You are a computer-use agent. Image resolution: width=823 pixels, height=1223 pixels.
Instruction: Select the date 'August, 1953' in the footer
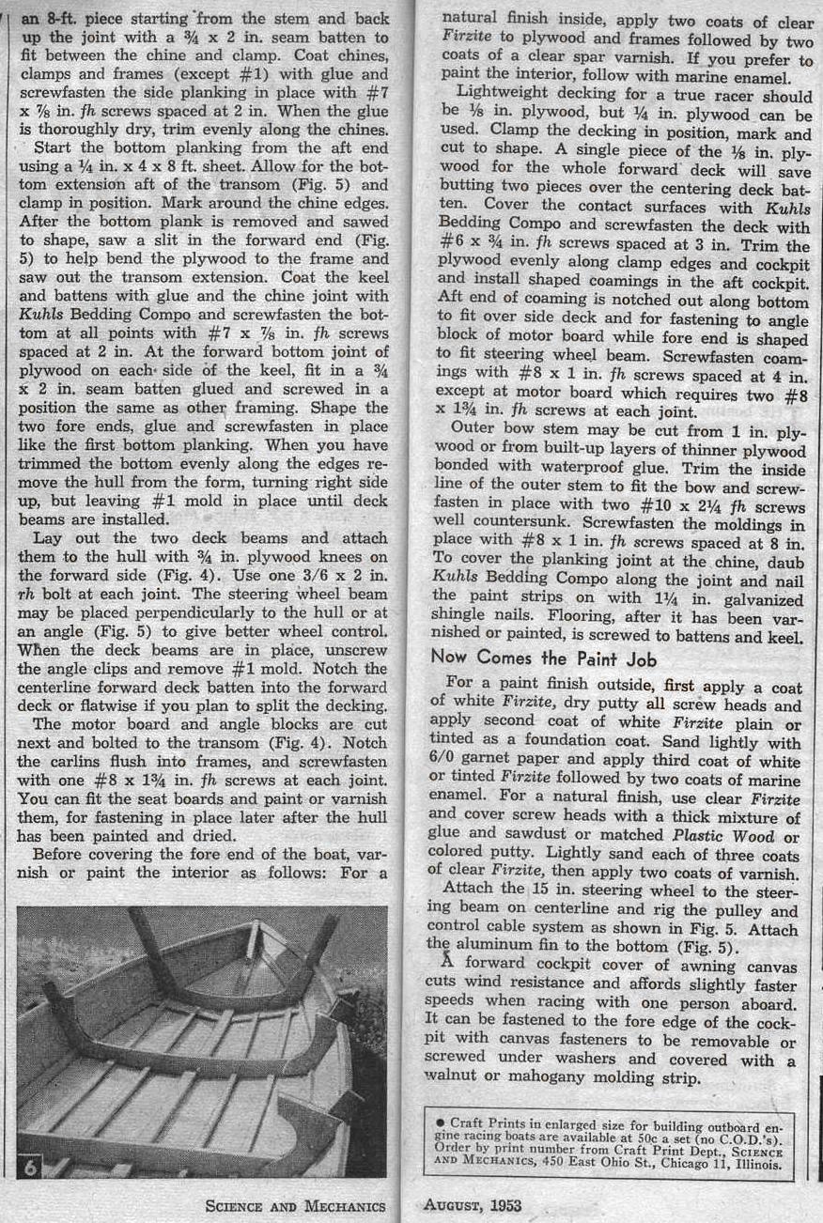click(473, 1205)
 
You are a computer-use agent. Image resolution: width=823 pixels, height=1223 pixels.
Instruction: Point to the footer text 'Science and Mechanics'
click(296, 1206)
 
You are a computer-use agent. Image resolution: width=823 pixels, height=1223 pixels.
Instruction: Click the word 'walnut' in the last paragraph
click(458, 1077)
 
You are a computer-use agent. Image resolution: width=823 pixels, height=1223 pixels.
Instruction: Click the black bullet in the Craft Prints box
click(441, 1122)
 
